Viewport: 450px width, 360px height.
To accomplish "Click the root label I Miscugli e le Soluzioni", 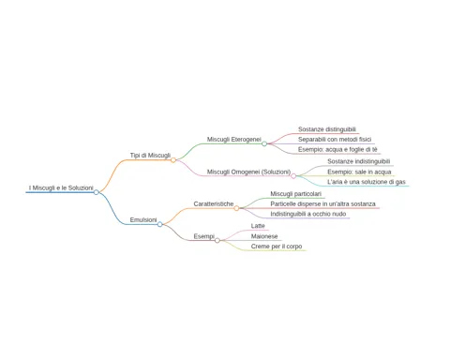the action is [x=61, y=187].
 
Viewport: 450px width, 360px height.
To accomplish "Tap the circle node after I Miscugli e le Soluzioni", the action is [x=97, y=192].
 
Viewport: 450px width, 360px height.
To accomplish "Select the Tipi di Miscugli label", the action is [x=150, y=156].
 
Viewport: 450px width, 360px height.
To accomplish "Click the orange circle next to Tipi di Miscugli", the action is [x=173, y=160].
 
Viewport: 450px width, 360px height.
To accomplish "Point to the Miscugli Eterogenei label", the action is [x=234, y=140].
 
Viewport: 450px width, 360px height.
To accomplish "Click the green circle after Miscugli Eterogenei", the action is [x=264, y=143].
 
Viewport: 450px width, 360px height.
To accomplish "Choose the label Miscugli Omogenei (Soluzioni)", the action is [x=248, y=172].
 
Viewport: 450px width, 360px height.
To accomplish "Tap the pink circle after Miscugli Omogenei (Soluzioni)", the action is [x=293, y=176].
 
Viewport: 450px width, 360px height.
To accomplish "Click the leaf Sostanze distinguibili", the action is [x=327, y=129].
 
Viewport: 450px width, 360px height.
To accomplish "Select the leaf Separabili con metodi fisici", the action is [x=335, y=140].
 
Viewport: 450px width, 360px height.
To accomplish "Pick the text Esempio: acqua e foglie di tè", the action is [x=337, y=149].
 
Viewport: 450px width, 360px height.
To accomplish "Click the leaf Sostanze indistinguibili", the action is [x=359, y=161].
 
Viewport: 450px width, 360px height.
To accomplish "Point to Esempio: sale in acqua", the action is [x=359, y=172].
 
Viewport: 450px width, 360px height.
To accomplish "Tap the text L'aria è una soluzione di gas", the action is [x=367, y=182].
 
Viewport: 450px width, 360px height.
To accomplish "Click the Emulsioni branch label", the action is [x=143, y=220].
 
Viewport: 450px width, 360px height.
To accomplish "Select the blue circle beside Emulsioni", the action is [x=159, y=224].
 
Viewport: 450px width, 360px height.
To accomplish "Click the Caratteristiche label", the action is [x=214, y=203].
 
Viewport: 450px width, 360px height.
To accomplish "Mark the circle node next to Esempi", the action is [x=217, y=240].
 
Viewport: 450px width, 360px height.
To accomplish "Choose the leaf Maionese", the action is [x=264, y=236].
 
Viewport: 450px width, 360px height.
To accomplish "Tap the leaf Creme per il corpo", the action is [x=277, y=247].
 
